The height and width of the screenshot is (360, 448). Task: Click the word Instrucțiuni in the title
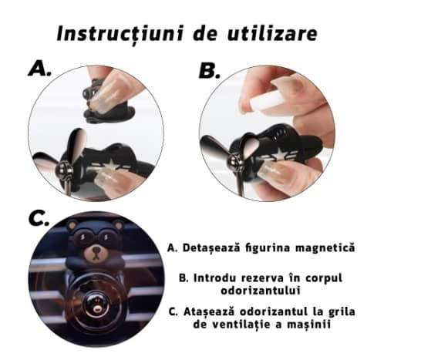(120, 34)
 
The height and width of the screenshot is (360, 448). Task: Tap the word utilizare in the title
(272, 33)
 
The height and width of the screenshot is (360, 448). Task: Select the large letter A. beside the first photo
(39, 69)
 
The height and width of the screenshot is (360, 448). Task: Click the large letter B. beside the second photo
(210, 70)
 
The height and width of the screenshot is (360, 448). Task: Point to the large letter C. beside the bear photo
(39, 219)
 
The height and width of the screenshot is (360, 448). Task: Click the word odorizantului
(261, 291)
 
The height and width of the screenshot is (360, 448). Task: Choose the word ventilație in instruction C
(243, 325)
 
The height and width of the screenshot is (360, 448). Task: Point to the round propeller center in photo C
(96, 307)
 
